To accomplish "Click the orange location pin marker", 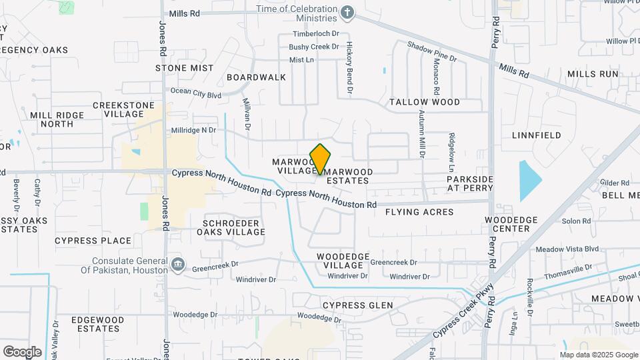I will [321, 159].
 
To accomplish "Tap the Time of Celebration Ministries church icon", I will [347, 12].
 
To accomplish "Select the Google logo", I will [22, 351].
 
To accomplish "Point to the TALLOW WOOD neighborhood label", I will [425, 102].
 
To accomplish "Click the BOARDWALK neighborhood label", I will [256, 77].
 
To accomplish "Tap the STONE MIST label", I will [185, 68].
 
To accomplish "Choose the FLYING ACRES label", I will [419, 212].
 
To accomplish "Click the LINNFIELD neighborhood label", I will [536, 135].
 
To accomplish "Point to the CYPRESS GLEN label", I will [357, 305].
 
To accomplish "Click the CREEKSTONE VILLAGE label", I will [123, 109].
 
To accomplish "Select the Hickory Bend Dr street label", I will [349, 67].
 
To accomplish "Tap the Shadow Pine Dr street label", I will [432, 53].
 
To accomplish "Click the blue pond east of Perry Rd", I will [530, 180].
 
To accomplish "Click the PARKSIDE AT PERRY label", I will [470, 183].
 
